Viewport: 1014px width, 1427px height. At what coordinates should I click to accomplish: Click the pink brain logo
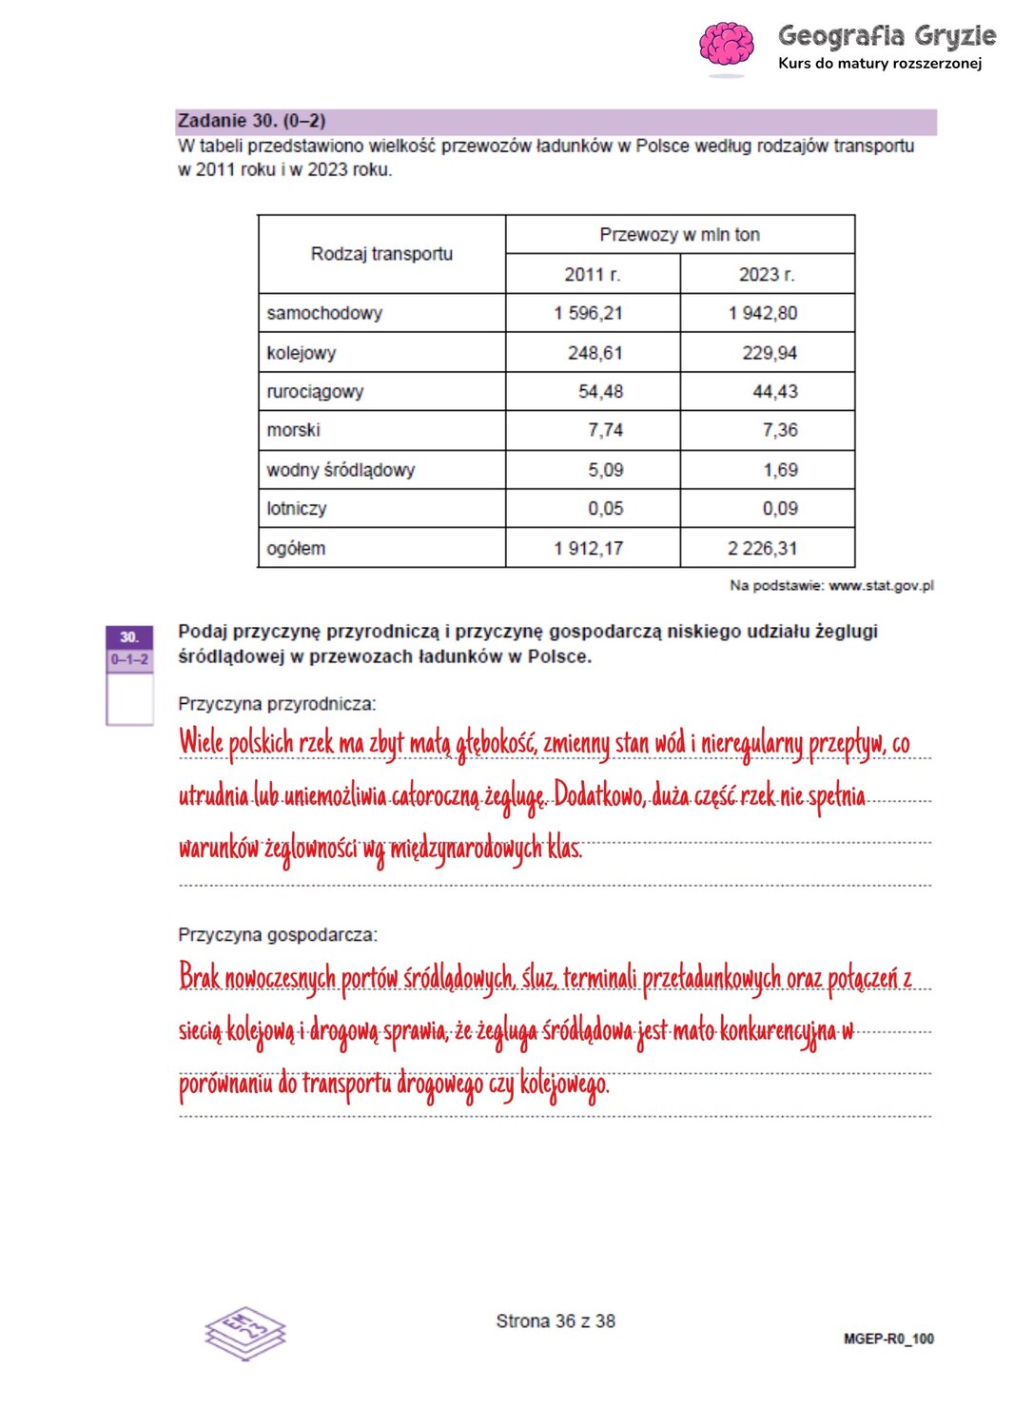[x=726, y=45]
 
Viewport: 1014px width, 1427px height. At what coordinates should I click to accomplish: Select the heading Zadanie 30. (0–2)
[x=252, y=121]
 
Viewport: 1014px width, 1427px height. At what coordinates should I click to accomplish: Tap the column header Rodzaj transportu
[x=381, y=254]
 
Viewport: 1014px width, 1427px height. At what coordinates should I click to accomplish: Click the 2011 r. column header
[x=592, y=274]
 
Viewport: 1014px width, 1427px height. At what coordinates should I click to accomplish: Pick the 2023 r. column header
[x=767, y=274]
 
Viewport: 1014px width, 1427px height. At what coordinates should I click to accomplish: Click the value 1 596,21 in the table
[x=588, y=313]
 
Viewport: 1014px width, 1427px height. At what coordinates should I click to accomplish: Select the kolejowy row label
[x=302, y=353]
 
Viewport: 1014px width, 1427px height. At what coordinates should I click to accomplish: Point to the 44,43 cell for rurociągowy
[x=775, y=391]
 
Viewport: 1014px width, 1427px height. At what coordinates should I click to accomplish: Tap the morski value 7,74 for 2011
[x=605, y=430]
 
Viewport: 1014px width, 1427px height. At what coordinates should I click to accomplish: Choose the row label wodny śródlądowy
[x=341, y=470]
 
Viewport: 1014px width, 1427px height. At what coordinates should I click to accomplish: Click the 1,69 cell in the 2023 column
[x=780, y=470]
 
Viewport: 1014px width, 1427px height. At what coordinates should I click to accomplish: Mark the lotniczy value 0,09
[x=780, y=509]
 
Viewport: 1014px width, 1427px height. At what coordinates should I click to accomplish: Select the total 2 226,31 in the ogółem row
[x=762, y=548]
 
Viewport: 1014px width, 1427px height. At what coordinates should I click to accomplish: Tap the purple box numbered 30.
[x=129, y=637]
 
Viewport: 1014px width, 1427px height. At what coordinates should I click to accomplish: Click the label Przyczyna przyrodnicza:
[x=277, y=704]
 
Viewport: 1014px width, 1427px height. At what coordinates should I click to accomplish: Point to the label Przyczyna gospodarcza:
[x=278, y=935]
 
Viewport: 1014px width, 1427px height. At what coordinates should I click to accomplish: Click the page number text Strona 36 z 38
[x=556, y=1320]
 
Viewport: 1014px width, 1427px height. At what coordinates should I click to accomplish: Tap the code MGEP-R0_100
[x=888, y=1339]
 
